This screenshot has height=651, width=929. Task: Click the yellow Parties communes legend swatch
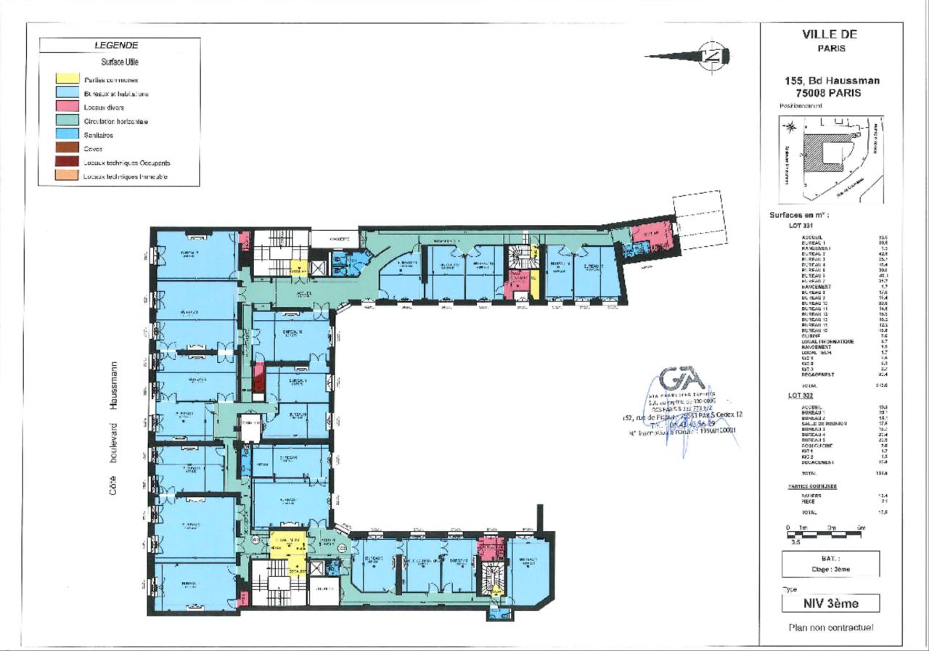pos(67,79)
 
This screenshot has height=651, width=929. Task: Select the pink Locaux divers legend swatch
pos(67,107)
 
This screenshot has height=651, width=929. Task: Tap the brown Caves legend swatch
pos(67,148)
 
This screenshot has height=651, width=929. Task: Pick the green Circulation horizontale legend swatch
pos(67,120)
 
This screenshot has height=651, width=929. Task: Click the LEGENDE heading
pos(120,45)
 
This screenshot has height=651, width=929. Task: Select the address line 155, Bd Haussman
pos(832,81)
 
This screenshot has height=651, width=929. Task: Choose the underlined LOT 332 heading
pos(799,395)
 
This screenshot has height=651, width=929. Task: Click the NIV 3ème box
pos(831,603)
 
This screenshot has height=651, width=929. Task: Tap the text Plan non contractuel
pos(831,627)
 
